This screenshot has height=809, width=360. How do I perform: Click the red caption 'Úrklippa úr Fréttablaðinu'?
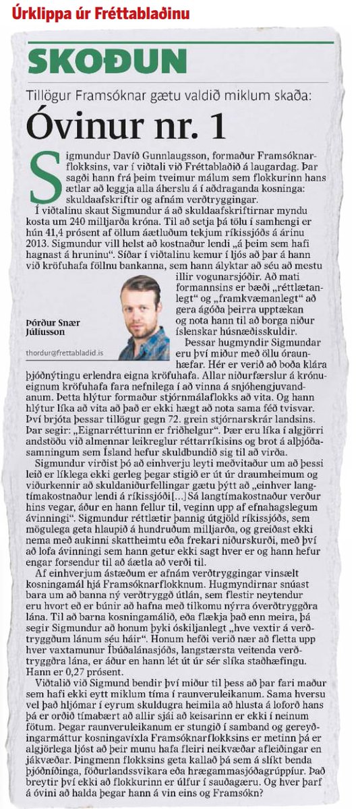[100, 13]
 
